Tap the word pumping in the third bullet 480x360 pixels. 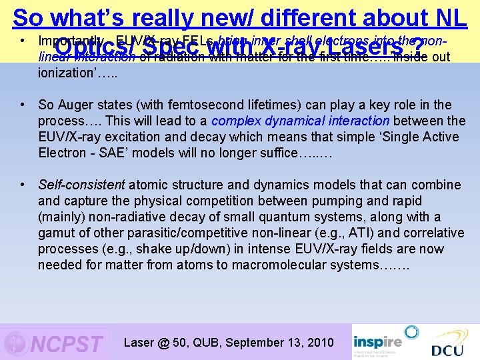coord(350,201)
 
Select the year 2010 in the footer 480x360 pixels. coord(320,343)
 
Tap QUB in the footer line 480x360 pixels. coord(204,343)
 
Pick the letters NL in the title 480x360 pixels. coord(450,18)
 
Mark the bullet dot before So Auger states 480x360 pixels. coord(23,105)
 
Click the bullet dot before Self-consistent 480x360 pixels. coord(23,185)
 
